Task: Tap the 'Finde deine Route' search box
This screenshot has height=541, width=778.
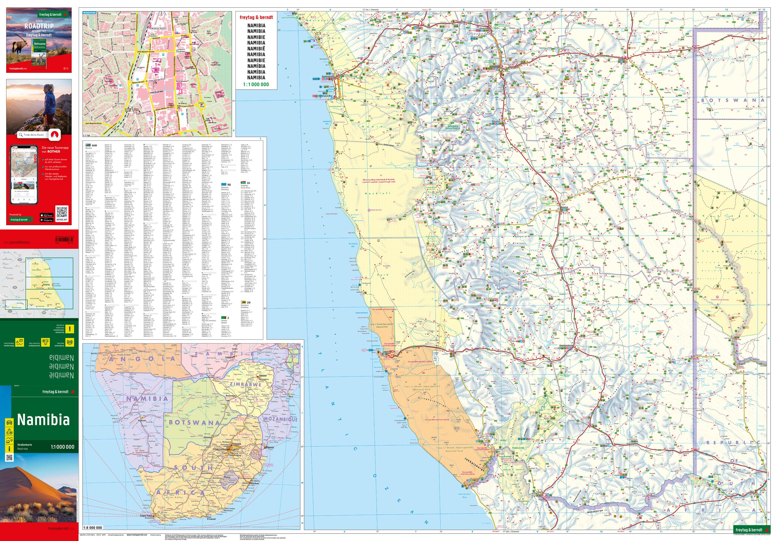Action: [33, 135]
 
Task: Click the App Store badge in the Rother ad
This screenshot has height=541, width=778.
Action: [46, 215]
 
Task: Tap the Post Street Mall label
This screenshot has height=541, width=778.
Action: [157, 92]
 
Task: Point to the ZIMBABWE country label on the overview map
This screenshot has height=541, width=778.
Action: [245, 385]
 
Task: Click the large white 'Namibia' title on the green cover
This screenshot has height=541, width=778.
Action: [43, 420]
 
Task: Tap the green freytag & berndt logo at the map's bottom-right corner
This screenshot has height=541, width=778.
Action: [749, 530]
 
